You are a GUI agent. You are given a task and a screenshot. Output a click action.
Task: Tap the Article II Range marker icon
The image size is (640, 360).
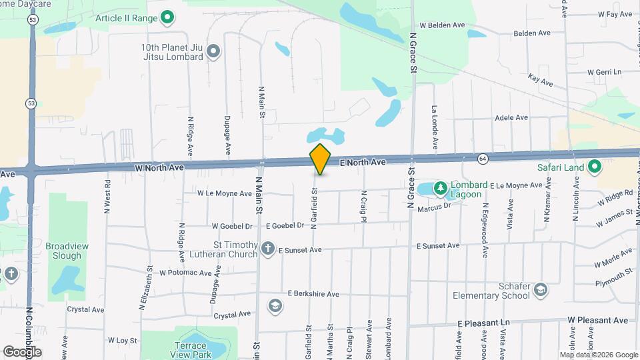168,17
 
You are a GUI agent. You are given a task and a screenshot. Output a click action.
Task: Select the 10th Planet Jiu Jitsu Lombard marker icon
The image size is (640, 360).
213,51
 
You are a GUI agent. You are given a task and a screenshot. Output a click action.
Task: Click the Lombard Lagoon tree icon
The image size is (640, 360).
440,189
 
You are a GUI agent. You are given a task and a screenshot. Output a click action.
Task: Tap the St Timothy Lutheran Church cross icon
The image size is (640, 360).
267,249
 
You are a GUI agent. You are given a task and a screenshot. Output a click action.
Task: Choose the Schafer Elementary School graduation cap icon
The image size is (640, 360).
541,290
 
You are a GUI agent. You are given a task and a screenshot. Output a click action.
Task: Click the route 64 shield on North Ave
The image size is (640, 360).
482,159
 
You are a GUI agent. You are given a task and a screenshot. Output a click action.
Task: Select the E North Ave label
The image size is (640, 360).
363,162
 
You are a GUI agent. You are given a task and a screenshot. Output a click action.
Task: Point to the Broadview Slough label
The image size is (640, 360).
67,251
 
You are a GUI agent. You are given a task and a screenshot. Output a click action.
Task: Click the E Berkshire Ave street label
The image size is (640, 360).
313,293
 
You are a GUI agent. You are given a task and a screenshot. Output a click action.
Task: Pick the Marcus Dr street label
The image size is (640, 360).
434,207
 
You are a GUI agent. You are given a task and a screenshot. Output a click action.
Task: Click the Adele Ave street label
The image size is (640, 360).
511,117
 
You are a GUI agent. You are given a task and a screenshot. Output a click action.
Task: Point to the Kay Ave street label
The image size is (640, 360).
540,81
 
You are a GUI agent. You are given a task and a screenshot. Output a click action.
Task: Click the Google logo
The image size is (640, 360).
22,351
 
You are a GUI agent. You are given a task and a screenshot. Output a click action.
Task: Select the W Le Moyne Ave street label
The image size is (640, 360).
225,193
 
